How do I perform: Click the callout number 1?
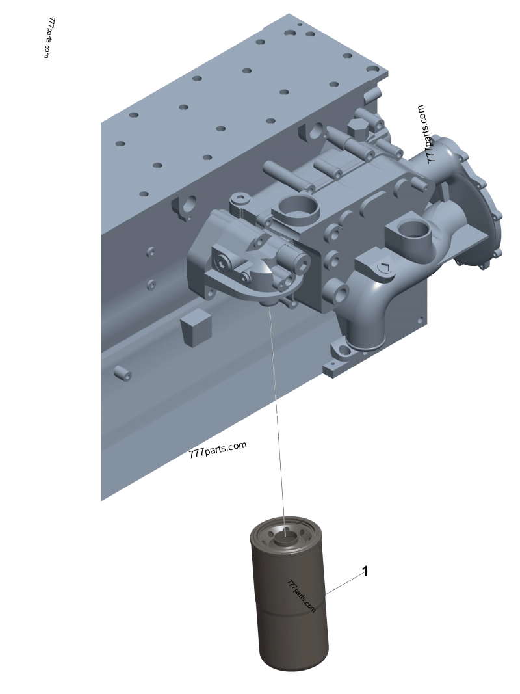[x=365, y=572]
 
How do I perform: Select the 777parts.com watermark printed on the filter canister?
[x=301, y=596]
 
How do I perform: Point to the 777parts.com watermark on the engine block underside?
[x=218, y=449]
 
